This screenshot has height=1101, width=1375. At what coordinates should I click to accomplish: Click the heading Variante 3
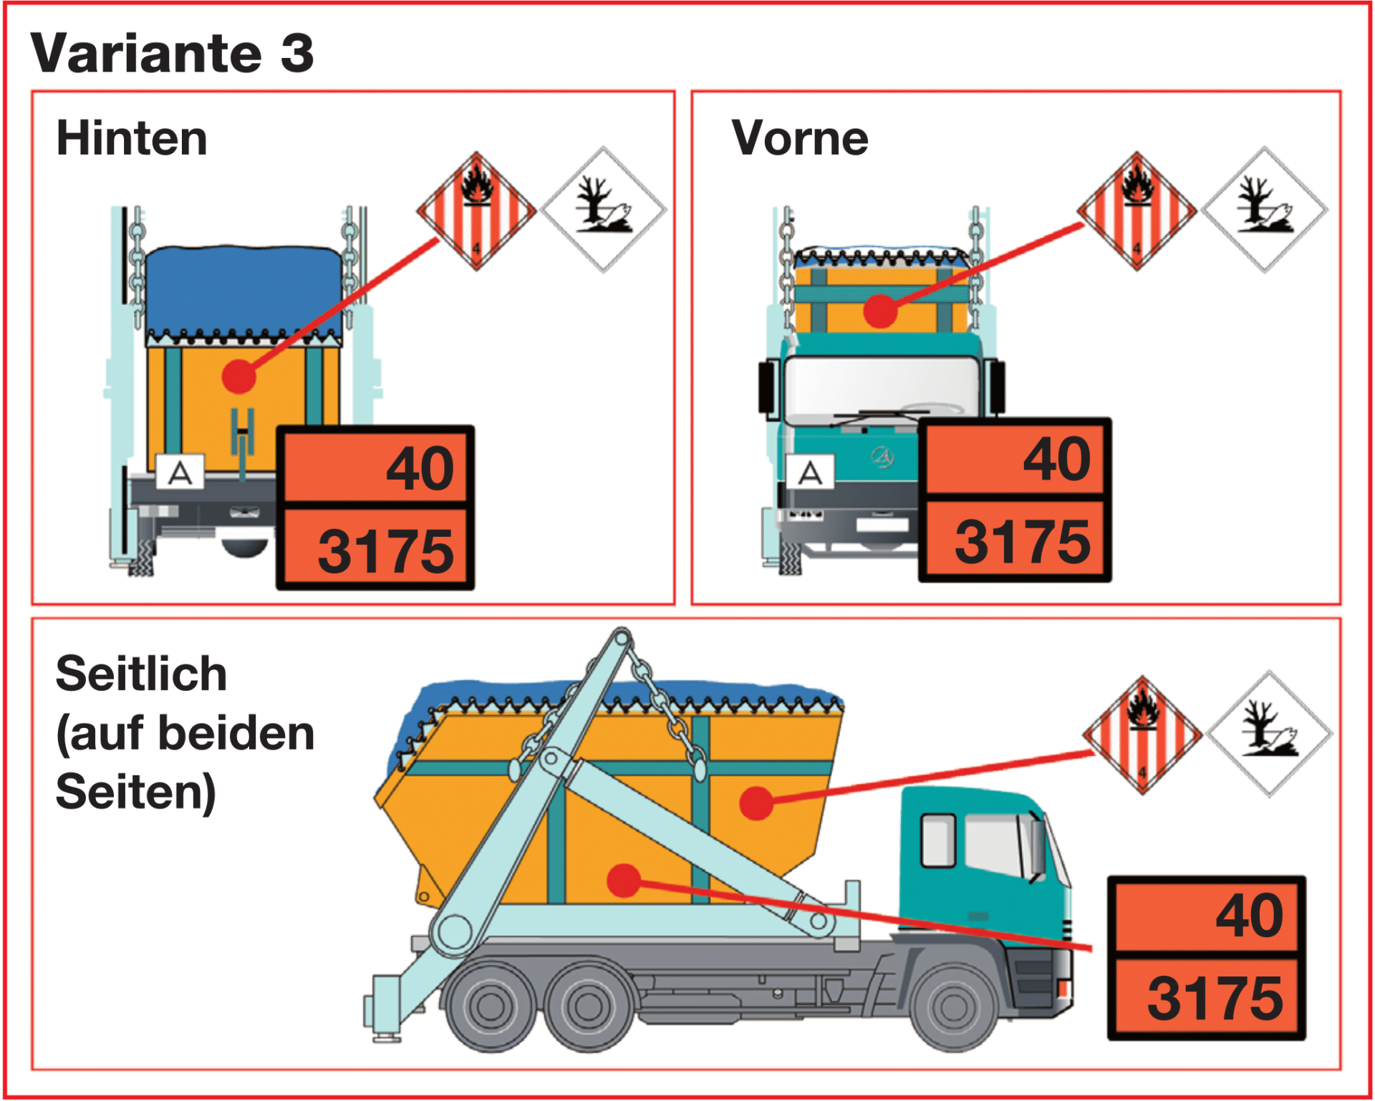pyautogui.click(x=172, y=54)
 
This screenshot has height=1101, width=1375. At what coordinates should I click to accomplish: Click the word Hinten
pyautogui.click(x=132, y=137)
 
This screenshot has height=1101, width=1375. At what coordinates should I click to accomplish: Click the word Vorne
pyautogui.click(x=799, y=137)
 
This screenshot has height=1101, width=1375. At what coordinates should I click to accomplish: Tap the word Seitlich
pyautogui.click(x=141, y=674)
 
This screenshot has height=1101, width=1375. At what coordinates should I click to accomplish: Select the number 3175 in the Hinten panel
pyautogui.click(x=385, y=551)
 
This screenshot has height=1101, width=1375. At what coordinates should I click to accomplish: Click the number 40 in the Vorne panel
pyautogui.click(x=1056, y=459)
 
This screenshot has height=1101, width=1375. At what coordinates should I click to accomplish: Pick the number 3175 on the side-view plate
pyautogui.click(x=1215, y=999)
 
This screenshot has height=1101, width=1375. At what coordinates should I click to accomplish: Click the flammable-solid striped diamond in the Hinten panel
pyautogui.click(x=476, y=211)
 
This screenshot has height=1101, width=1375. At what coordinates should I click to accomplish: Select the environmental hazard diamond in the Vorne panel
pyautogui.click(x=1265, y=210)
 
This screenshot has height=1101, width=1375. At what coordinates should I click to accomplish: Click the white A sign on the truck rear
pyautogui.click(x=180, y=472)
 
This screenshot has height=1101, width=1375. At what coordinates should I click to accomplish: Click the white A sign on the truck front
pyautogui.click(x=810, y=472)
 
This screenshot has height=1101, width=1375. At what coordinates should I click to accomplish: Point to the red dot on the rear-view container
pyautogui.click(x=238, y=377)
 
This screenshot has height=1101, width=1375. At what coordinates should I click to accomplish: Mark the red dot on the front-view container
pyautogui.click(x=880, y=311)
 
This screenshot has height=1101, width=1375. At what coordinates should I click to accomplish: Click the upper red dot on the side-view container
pyautogui.click(x=756, y=802)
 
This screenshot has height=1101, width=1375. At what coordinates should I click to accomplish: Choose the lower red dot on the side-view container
pyautogui.click(x=624, y=881)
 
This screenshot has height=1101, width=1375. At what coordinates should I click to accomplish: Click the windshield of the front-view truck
pyautogui.click(x=881, y=387)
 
